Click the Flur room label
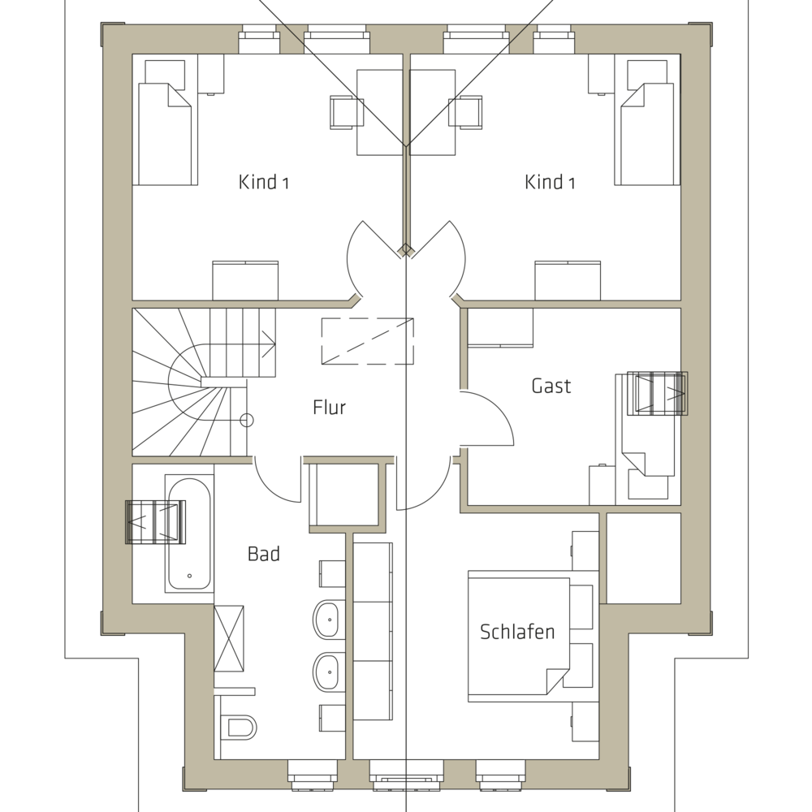(330, 407)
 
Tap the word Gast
(551, 386)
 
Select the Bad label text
(264, 554)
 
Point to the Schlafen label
(517, 632)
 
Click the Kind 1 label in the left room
(263, 182)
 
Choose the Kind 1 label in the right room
(550, 182)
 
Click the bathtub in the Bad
(189, 533)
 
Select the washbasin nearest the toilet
(326, 672)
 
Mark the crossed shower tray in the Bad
(229, 638)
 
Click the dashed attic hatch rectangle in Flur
(367, 341)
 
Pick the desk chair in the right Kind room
(465, 112)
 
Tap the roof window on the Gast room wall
(657, 394)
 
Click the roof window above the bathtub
(156, 522)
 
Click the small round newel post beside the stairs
(247, 420)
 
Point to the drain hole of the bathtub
(189, 576)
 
